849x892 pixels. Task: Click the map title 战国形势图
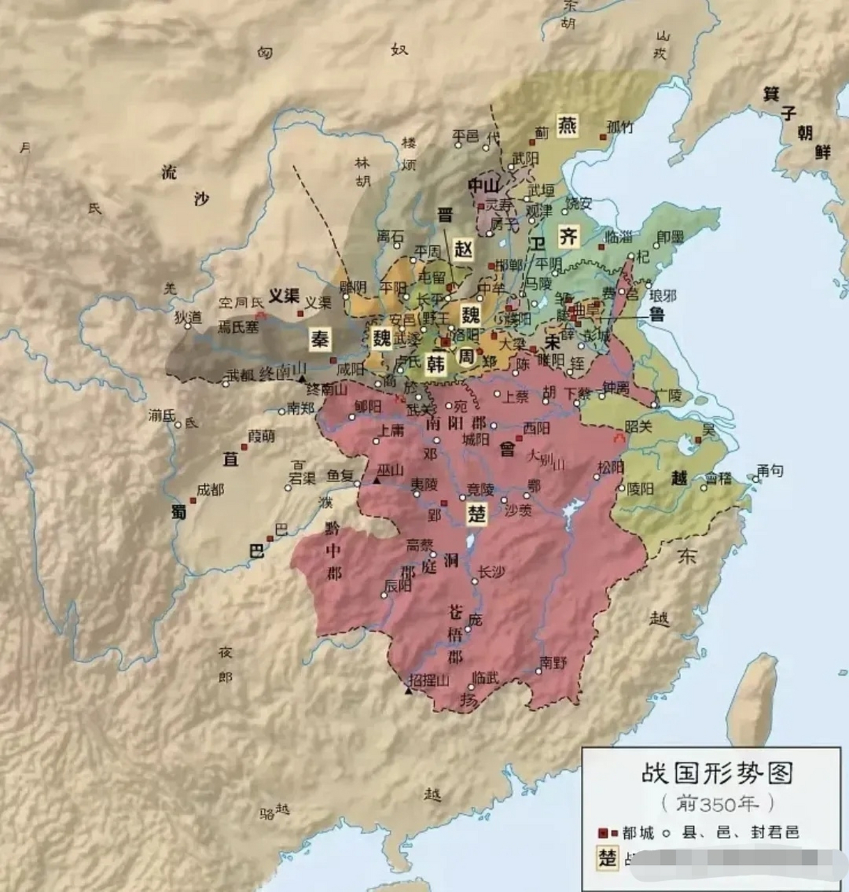coord(717,774)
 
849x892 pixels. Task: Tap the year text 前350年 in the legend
coord(717,803)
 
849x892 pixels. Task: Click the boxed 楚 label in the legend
coord(608,857)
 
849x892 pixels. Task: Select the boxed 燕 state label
coord(568,126)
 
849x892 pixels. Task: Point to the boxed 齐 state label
coord(569,236)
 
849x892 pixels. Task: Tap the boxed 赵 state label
coord(462,249)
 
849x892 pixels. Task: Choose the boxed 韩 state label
coord(437,364)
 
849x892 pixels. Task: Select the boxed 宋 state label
coord(554,341)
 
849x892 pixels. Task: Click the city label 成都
coord(210,489)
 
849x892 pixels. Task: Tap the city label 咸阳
coord(350,369)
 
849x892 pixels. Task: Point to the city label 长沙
coord(491,571)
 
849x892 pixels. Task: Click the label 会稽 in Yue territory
coord(719,477)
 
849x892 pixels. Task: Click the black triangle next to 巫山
coord(377,481)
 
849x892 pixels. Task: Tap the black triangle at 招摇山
coord(409,690)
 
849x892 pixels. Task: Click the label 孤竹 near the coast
coord(620,126)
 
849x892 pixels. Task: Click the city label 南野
coord(554,662)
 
